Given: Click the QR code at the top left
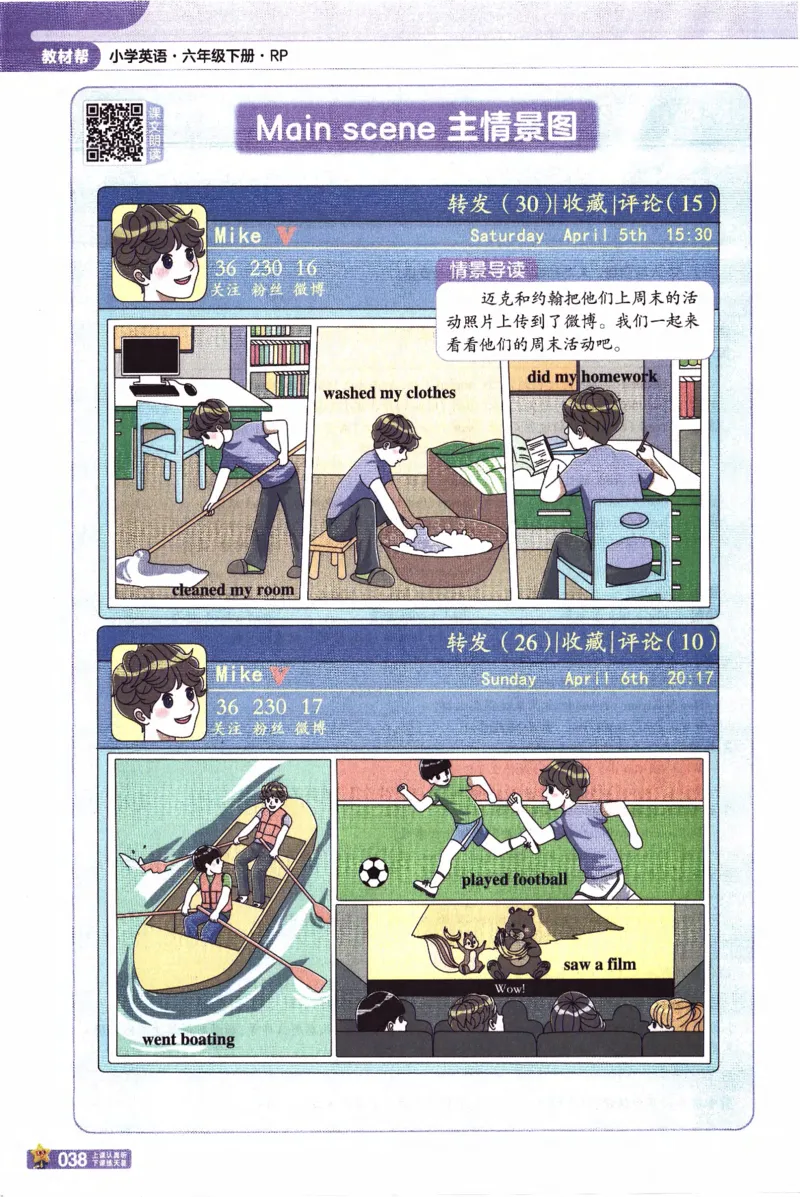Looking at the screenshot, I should (x=114, y=131).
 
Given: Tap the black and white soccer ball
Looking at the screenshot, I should (x=375, y=871).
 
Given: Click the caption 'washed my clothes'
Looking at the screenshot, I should (x=388, y=393).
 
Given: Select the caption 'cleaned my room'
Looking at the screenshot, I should (x=233, y=590).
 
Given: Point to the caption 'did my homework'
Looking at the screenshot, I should (x=592, y=377).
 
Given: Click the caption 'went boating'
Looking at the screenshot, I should (x=188, y=1039).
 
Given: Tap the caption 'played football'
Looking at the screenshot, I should (x=514, y=880).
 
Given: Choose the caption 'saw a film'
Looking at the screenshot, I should (x=599, y=965).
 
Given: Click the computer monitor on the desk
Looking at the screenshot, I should (x=150, y=359).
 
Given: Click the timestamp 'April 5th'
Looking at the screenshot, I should (x=605, y=236).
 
